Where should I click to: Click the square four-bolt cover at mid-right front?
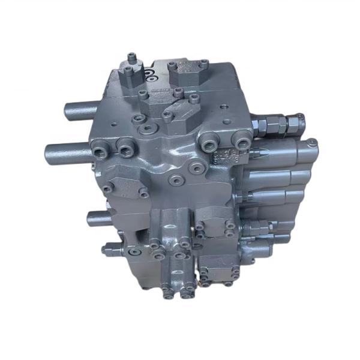point(216,227)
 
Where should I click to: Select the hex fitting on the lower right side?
point(255,227)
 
